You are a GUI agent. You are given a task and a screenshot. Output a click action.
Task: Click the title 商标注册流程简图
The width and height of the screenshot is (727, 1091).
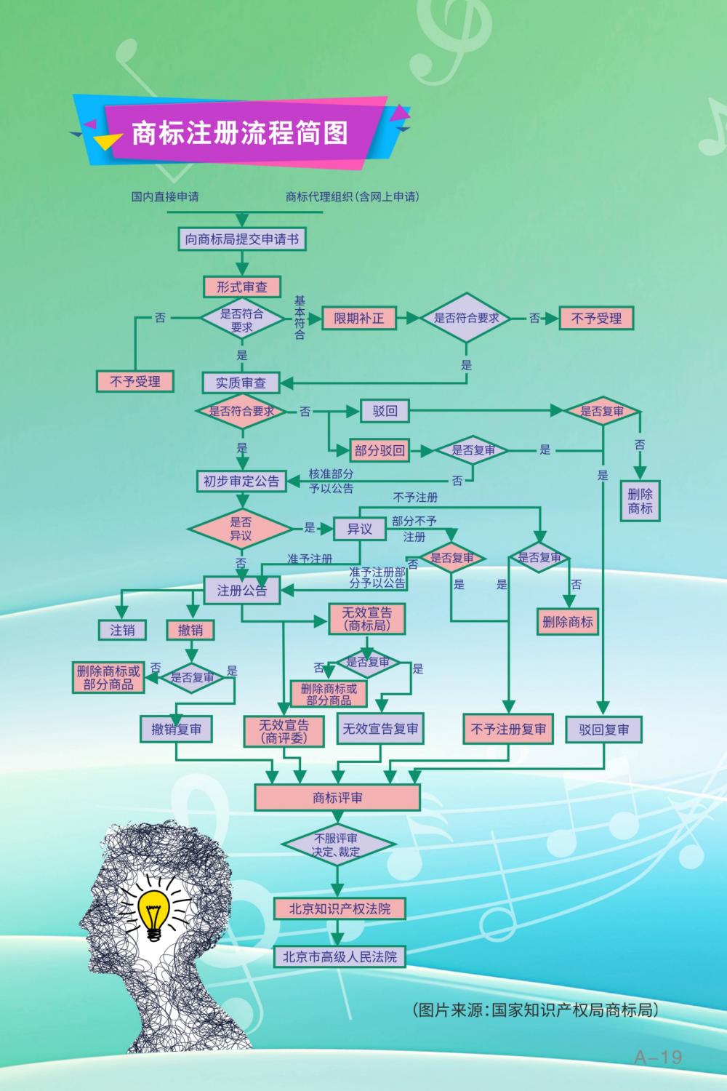pyautogui.click(x=240, y=133)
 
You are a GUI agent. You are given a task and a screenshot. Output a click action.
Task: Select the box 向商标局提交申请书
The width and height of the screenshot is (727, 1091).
pyautogui.click(x=242, y=239)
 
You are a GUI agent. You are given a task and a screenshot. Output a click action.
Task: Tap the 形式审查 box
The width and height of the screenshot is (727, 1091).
pyautogui.click(x=241, y=287)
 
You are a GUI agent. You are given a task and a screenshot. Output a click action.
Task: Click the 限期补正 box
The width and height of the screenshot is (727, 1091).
pyautogui.click(x=359, y=319)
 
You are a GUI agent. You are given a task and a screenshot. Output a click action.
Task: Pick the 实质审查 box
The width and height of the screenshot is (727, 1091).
pyautogui.click(x=241, y=383)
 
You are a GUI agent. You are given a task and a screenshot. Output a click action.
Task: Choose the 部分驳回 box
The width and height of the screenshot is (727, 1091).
pyautogui.click(x=379, y=451)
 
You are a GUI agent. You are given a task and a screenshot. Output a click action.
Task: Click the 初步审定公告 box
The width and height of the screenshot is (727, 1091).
pyautogui.click(x=241, y=481)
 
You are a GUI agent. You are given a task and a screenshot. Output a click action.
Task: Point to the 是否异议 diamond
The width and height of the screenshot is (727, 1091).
pyautogui.click(x=241, y=529)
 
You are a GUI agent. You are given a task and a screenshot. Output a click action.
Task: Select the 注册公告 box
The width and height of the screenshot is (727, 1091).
pyautogui.click(x=241, y=591)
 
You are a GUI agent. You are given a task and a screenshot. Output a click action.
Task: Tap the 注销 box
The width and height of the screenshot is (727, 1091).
pyautogui.click(x=122, y=630)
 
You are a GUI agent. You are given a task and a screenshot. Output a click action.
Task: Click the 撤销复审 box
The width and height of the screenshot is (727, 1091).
pyautogui.click(x=177, y=729)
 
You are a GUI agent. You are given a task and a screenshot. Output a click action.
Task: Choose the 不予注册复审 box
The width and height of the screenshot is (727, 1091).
pyautogui.click(x=508, y=729)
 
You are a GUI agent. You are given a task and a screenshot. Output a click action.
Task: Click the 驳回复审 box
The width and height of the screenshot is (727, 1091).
pyautogui.click(x=604, y=730)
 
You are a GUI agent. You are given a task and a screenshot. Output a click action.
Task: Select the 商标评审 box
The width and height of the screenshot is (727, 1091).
pyautogui.click(x=337, y=798)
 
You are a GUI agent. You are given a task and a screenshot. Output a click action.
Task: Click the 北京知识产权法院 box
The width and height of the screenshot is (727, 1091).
pyautogui.click(x=340, y=908)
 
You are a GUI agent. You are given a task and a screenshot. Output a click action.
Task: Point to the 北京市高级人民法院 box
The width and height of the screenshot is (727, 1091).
pyautogui.click(x=340, y=957)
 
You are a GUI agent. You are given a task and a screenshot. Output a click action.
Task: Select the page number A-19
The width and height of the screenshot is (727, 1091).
pyautogui.click(x=658, y=1057)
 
